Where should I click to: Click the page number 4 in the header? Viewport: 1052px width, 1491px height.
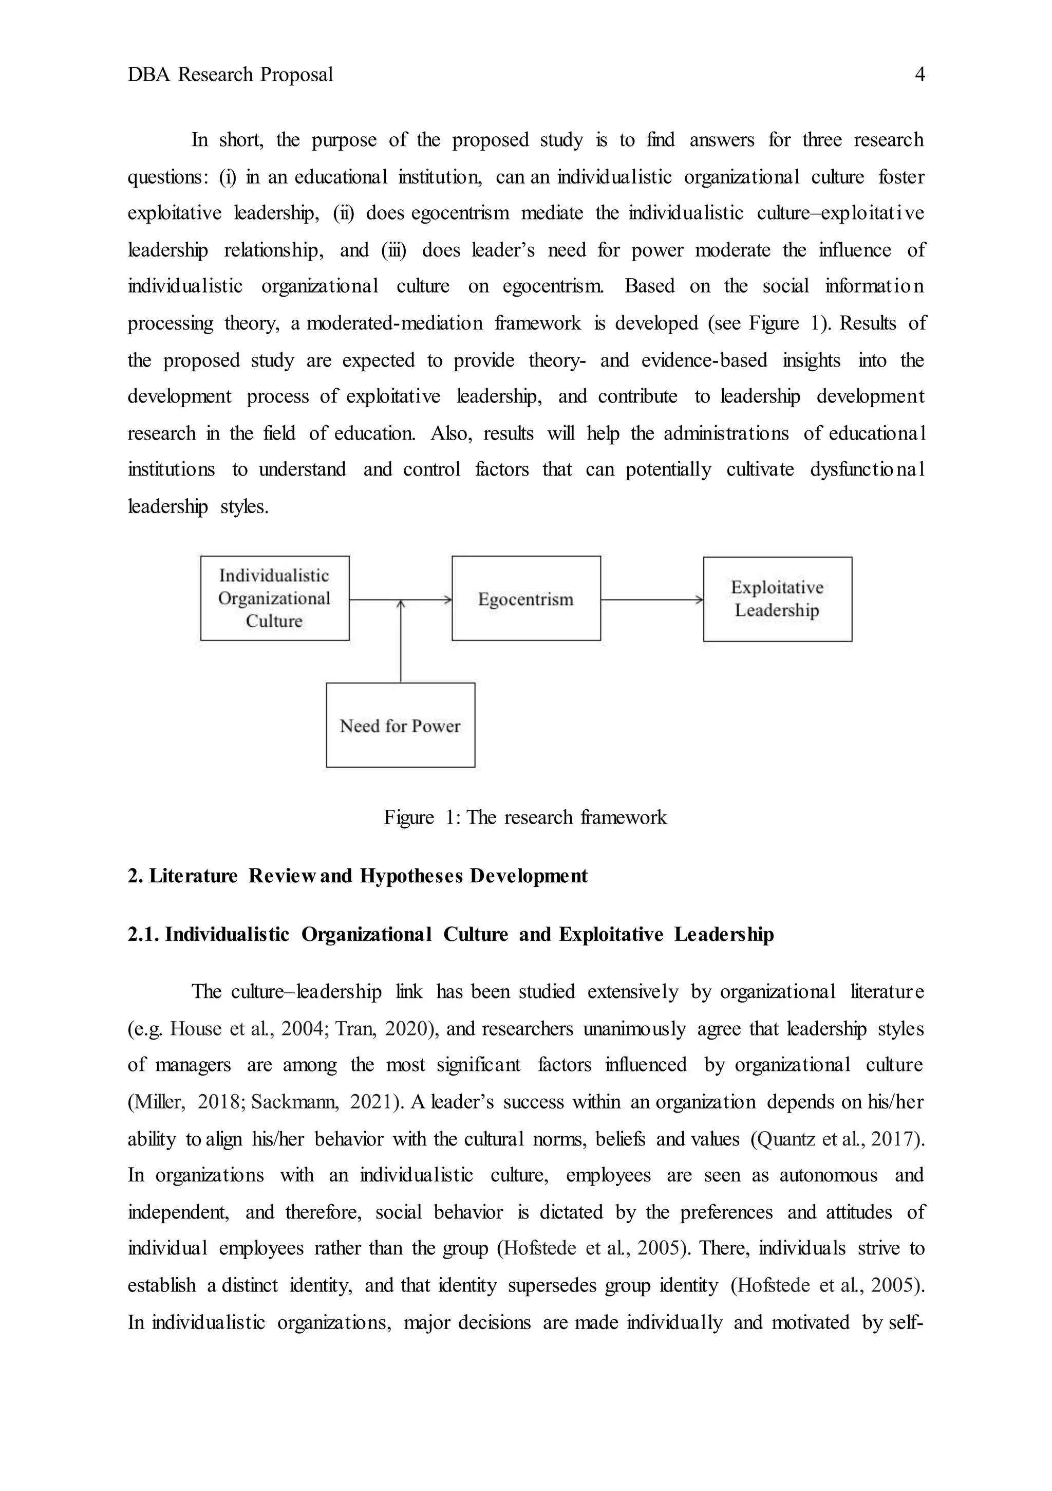[919, 75]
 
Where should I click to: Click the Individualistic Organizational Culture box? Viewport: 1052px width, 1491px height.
[274, 598]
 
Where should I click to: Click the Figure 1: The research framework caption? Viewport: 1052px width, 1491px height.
[524, 817]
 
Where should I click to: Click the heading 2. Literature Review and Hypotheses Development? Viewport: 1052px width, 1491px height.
[357, 876]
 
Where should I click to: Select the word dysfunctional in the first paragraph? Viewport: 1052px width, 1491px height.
[867, 469]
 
